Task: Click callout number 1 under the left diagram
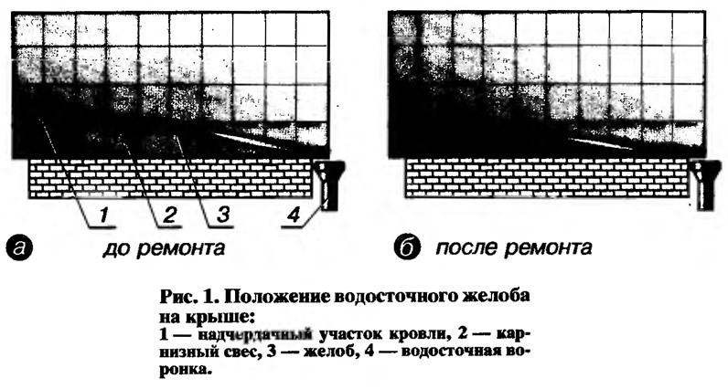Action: tap(104, 216)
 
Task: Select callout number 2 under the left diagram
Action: tap(170, 216)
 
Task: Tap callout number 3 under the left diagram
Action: tap(223, 216)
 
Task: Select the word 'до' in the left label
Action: tap(114, 248)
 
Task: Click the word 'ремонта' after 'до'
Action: tap(180, 249)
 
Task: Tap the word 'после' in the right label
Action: tap(466, 248)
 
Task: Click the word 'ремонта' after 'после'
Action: tap(548, 248)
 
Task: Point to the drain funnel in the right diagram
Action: tap(706, 186)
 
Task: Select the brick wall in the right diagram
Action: tap(547, 179)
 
